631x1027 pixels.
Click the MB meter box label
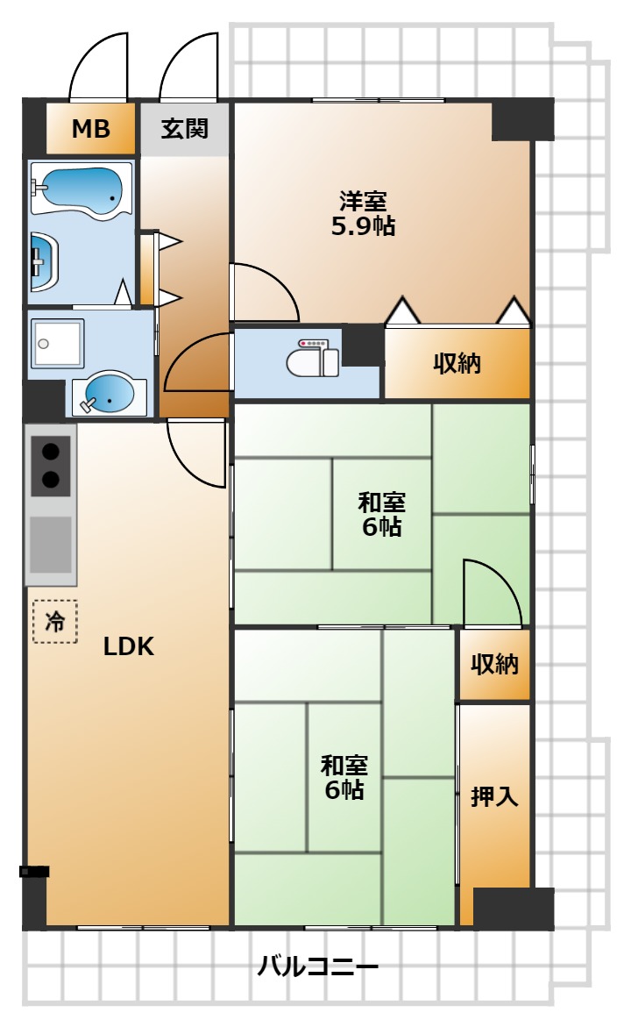tap(90, 129)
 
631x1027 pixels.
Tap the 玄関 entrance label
tap(185, 128)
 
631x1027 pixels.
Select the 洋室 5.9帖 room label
tap(364, 213)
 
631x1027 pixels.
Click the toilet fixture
tap(313, 357)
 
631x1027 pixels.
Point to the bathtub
tap(82, 189)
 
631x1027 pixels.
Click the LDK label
tap(128, 646)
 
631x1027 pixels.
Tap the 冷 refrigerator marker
tap(55, 621)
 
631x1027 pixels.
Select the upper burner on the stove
tap(51, 452)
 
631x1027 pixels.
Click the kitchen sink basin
tap(51, 545)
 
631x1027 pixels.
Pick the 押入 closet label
tap(494, 796)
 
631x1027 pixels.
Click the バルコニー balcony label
tap(317, 966)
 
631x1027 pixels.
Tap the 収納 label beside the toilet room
tap(457, 363)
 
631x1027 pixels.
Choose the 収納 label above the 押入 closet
tap(494, 664)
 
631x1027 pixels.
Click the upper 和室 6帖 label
tap(381, 514)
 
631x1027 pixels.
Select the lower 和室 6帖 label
tap(344, 777)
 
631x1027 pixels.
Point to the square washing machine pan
tap(57, 343)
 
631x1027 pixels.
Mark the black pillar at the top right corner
tap(523, 119)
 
